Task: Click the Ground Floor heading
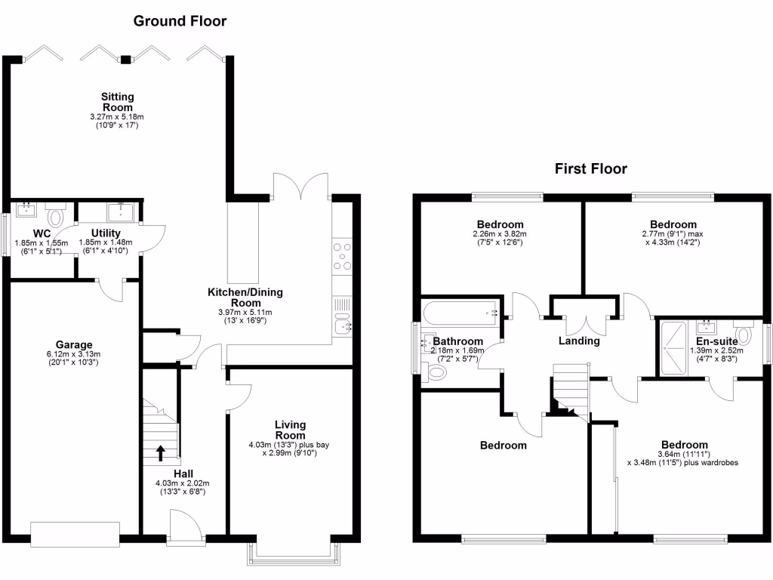point(180,21)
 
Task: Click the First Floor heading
point(590,168)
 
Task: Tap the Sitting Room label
point(117,102)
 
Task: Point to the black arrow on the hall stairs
point(161,452)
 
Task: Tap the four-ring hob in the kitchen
point(342,255)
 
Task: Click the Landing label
point(579,341)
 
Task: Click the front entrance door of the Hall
point(186,526)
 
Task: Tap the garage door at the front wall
point(75,534)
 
